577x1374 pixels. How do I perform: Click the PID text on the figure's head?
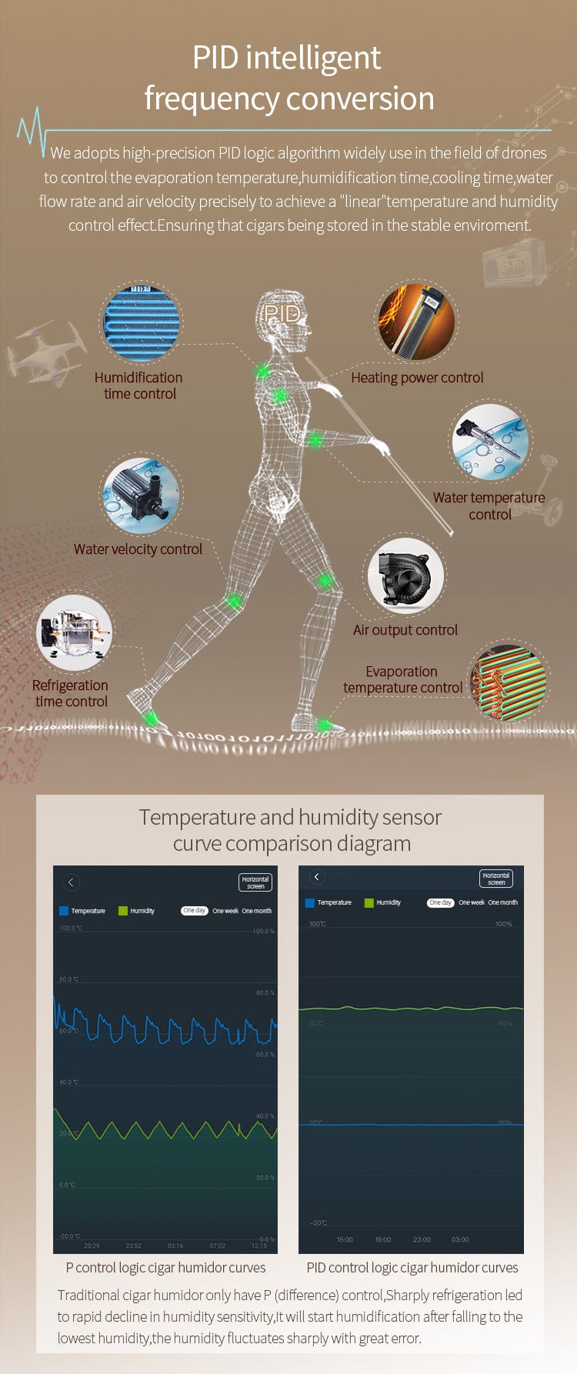click(282, 313)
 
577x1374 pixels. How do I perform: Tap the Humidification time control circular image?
click(141, 322)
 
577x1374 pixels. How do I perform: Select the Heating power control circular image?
click(415, 321)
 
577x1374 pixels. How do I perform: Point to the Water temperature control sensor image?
click(490, 442)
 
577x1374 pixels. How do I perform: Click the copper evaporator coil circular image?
click(508, 683)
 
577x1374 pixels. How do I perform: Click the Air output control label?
click(405, 630)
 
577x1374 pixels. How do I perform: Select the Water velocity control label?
click(138, 549)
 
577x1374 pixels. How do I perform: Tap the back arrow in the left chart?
click(71, 882)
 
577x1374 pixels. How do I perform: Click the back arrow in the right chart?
click(316, 877)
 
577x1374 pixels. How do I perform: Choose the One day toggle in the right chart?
click(440, 902)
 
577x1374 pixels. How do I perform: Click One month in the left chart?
click(256, 911)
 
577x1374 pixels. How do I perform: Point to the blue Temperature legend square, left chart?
click(64, 911)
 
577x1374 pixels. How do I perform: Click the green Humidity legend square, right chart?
click(369, 902)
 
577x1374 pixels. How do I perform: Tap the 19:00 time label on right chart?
click(383, 1239)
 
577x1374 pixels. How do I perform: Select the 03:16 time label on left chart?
click(175, 1246)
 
